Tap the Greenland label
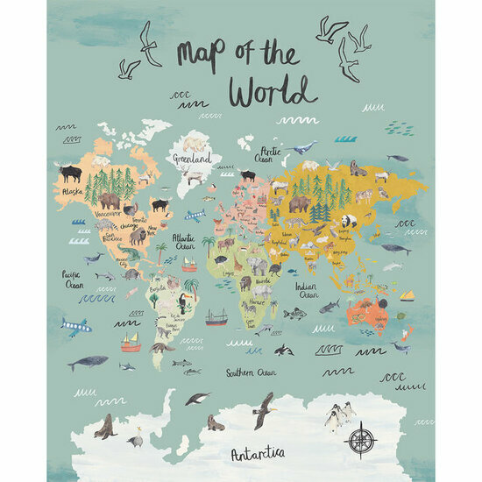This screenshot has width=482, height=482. pos(192,159)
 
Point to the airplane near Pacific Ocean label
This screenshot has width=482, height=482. pos(75,327)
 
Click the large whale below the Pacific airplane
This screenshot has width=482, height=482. pos(89,361)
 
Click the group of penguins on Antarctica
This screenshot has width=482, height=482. pos(340,415)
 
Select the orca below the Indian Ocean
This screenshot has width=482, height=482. pos(283,351)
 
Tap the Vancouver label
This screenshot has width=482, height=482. pos(108,214)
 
